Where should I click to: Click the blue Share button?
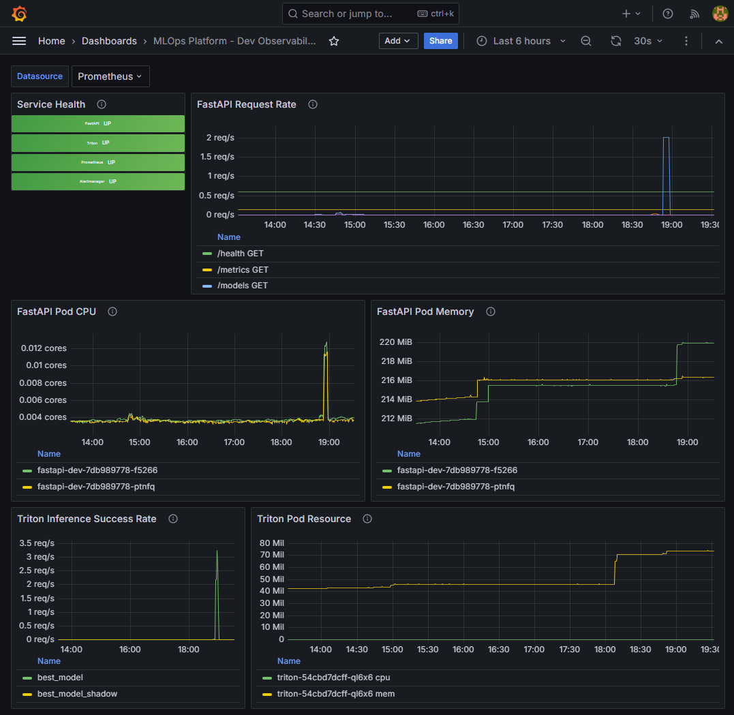(x=440, y=41)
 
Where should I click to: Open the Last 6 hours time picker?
(x=521, y=41)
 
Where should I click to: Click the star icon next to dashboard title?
(x=334, y=41)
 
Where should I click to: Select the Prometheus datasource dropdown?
(x=110, y=76)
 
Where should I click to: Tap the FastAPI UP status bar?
(x=98, y=123)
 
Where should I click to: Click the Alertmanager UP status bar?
(x=98, y=181)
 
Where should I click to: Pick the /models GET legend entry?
(x=242, y=286)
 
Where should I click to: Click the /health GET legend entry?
(x=240, y=254)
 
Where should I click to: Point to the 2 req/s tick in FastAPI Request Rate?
(x=220, y=138)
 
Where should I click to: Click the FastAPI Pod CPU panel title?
(x=57, y=311)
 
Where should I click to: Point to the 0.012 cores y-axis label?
(x=44, y=348)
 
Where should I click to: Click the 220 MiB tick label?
(x=396, y=342)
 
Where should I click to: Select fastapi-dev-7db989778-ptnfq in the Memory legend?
(x=455, y=487)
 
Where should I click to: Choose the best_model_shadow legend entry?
(x=77, y=694)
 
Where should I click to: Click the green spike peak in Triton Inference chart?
(x=217, y=551)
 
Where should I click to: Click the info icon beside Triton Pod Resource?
(x=367, y=519)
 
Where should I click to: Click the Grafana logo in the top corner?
(x=19, y=14)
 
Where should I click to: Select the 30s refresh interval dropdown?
(x=647, y=41)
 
